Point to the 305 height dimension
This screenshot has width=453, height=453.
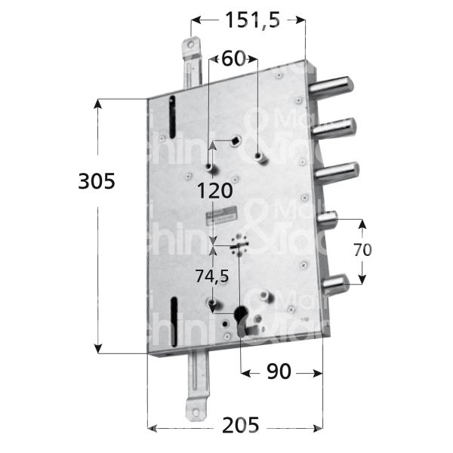click(96, 181)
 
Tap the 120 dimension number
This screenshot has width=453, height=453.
click(216, 192)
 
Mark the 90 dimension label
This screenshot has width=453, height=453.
click(279, 372)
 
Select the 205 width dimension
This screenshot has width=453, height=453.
click(236, 426)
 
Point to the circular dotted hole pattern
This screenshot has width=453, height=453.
click(239, 244)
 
